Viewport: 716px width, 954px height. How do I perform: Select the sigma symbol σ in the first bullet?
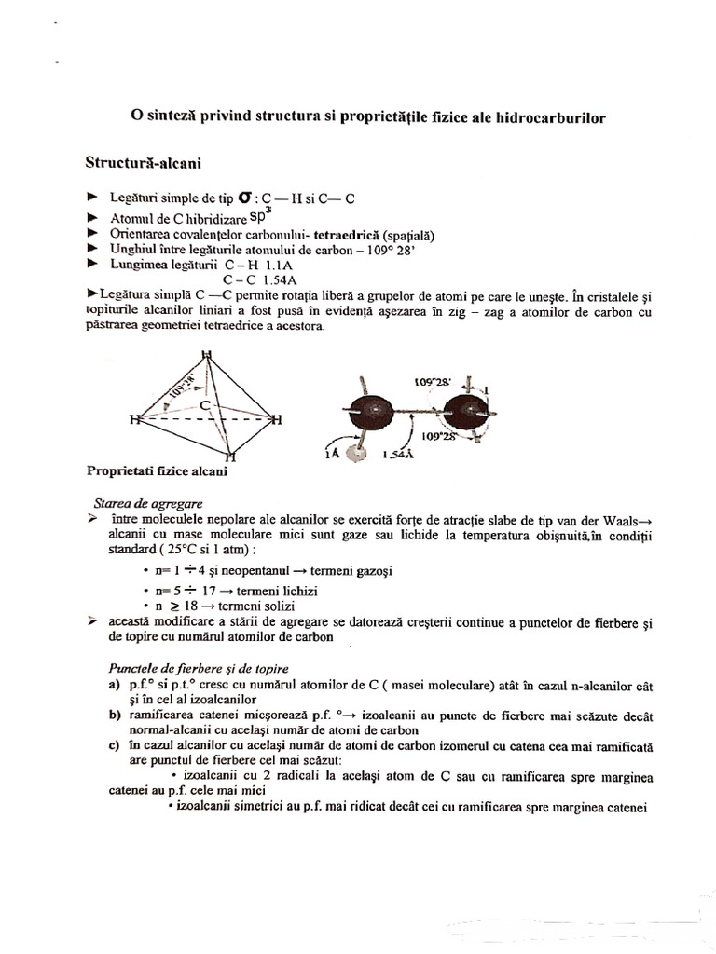coord(244,198)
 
